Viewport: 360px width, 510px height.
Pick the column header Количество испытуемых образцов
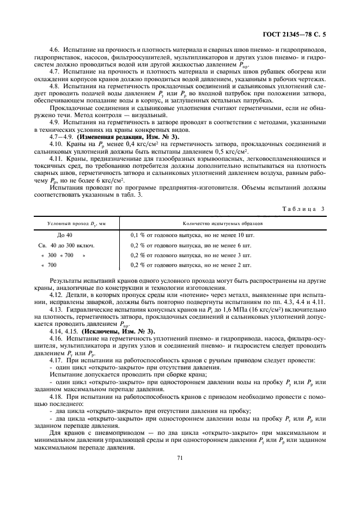coord(223,224)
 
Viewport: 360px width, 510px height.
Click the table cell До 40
coord(65,235)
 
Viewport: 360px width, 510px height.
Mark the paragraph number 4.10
coord(56,143)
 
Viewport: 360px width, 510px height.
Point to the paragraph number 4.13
coord(56,309)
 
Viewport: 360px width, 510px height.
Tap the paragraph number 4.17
coord(56,361)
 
